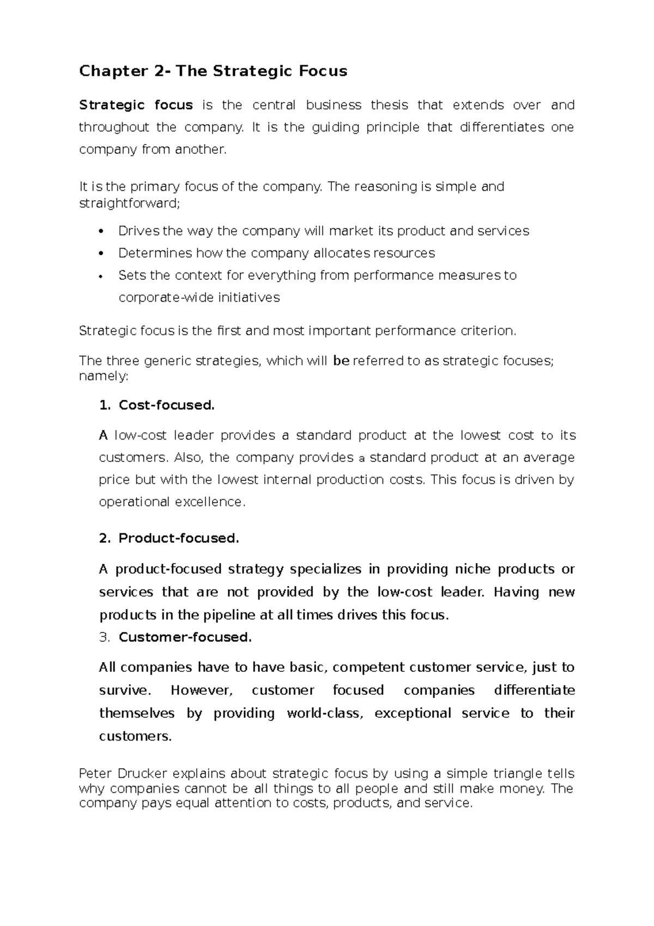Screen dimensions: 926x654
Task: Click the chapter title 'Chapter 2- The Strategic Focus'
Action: click(x=213, y=71)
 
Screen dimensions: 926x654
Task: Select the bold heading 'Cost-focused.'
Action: click(x=167, y=405)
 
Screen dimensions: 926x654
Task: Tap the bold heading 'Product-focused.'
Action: click(x=179, y=538)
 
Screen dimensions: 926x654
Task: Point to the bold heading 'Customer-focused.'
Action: click(x=185, y=637)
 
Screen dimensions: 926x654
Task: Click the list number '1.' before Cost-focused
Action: click(x=105, y=405)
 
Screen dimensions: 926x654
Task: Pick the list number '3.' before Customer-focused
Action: click(x=105, y=637)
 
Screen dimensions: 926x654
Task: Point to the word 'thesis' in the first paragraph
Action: click(x=389, y=105)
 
